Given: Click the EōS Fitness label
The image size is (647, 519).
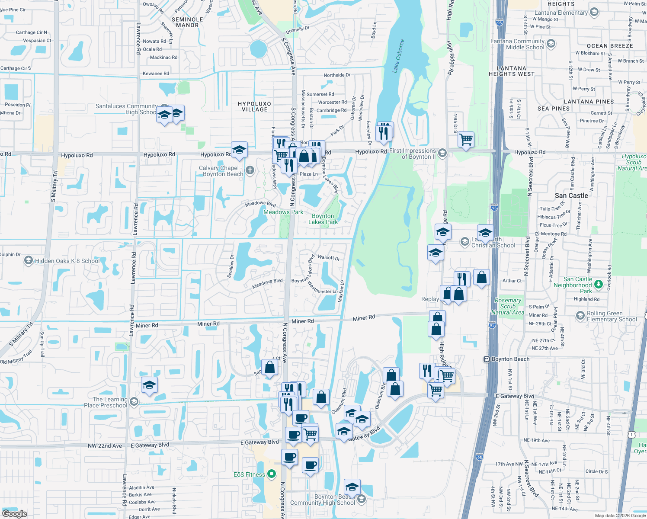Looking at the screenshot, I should [249, 474].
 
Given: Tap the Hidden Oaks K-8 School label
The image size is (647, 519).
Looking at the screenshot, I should [67, 261].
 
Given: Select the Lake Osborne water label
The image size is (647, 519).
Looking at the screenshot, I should [398, 56].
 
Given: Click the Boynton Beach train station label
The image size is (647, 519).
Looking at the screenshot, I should [510, 359].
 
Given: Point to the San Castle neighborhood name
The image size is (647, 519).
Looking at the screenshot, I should [571, 195].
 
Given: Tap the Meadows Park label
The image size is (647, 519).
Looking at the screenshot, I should [283, 212].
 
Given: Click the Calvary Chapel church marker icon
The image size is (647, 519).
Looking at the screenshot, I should [250, 170].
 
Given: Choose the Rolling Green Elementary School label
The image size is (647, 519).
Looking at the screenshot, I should [612, 316].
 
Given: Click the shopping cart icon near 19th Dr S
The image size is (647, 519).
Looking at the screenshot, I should [466, 140].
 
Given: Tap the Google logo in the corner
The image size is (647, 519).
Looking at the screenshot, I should [14, 513].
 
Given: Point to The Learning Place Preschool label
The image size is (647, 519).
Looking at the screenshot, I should [106, 402].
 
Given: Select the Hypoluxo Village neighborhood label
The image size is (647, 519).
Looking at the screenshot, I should [254, 106].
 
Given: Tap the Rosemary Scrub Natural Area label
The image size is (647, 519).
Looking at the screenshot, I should [508, 306].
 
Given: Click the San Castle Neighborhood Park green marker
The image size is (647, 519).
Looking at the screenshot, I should [599, 284].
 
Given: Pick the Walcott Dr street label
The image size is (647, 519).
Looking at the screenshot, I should [329, 257].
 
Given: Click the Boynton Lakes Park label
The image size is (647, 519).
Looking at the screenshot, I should [323, 219].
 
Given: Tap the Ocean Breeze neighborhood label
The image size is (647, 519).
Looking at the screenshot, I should [610, 46].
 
